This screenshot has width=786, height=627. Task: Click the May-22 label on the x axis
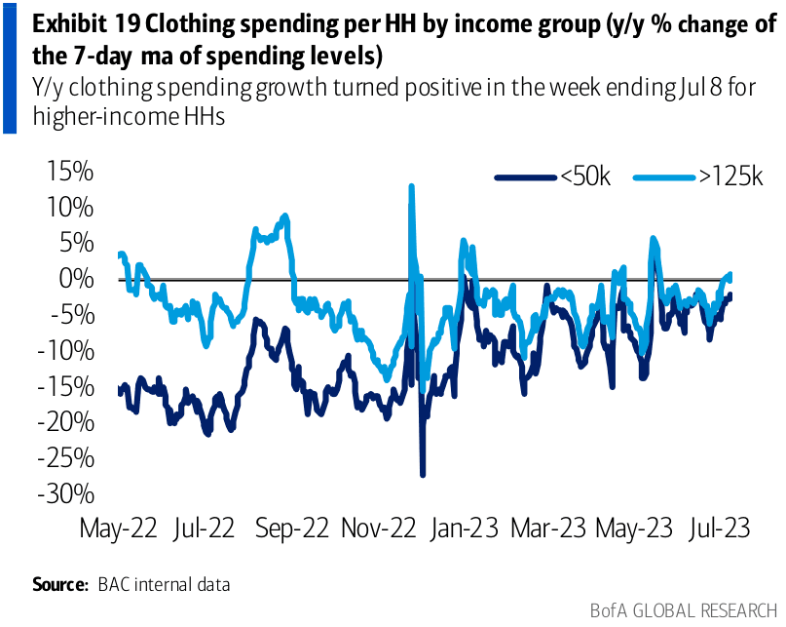point(117,529)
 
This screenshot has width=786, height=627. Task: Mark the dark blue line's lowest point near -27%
point(422,474)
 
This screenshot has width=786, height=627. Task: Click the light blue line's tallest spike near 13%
point(411,186)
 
